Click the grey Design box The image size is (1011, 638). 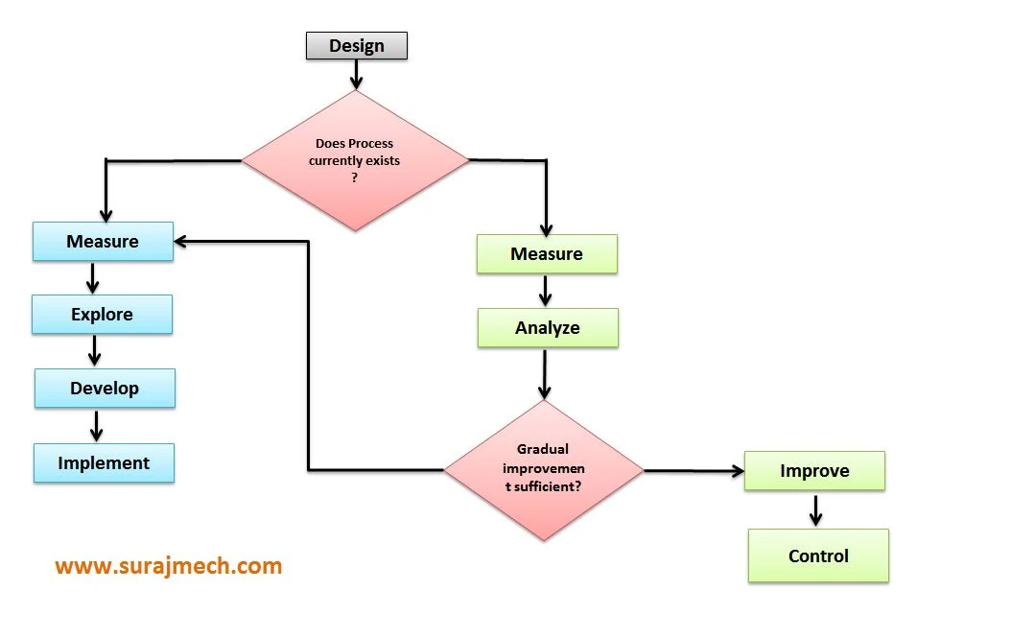[357, 46]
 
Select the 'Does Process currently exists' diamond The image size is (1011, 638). [355, 161]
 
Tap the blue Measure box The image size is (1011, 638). [103, 242]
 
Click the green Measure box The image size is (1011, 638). [547, 254]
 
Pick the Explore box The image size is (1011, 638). [102, 315]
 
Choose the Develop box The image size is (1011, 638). [105, 389]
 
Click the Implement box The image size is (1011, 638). [104, 463]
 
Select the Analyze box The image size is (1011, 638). [548, 328]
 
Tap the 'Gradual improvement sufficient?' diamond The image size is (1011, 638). [543, 468]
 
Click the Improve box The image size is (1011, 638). [814, 471]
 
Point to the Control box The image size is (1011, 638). [818, 556]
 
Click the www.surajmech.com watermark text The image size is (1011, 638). [169, 566]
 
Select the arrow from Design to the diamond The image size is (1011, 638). [357, 75]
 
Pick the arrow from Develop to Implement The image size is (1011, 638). [96, 425]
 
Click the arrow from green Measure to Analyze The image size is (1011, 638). [545, 291]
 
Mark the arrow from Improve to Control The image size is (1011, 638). [815, 509]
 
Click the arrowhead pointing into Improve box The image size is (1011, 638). [737, 471]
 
